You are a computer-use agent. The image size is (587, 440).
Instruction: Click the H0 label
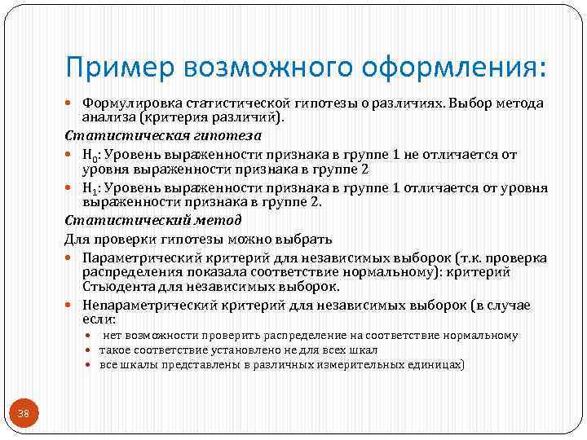pos(90,154)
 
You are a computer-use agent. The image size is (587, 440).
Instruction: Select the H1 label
pos(90,187)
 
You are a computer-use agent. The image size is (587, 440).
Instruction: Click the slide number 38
pos(23,415)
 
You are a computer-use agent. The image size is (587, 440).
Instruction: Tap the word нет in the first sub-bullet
pos(113,336)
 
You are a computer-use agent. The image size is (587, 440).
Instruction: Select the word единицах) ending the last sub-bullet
pos(436,365)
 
